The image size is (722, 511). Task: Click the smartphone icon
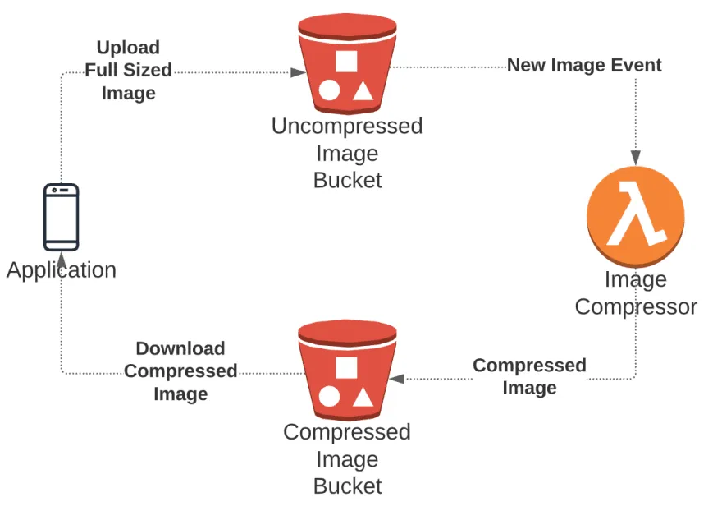point(62,217)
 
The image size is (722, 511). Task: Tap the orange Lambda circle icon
point(635,217)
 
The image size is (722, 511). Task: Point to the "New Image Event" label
point(583,65)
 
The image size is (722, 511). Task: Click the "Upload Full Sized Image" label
point(128,71)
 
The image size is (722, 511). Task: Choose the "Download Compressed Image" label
point(180,371)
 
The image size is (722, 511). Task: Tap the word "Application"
point(62,270)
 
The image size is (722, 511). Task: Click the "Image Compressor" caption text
point(635,293)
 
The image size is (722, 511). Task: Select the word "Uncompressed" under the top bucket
point(347,127)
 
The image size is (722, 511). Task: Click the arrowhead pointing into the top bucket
point(299,72)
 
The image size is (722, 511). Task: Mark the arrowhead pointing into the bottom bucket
point(396,379)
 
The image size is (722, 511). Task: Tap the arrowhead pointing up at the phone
point(62,258)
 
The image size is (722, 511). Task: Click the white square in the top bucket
point(346,61)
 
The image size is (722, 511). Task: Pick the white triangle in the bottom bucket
point(363,398)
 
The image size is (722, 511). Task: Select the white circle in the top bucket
point(329,90)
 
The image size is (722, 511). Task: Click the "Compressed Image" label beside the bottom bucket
point(529,376)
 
